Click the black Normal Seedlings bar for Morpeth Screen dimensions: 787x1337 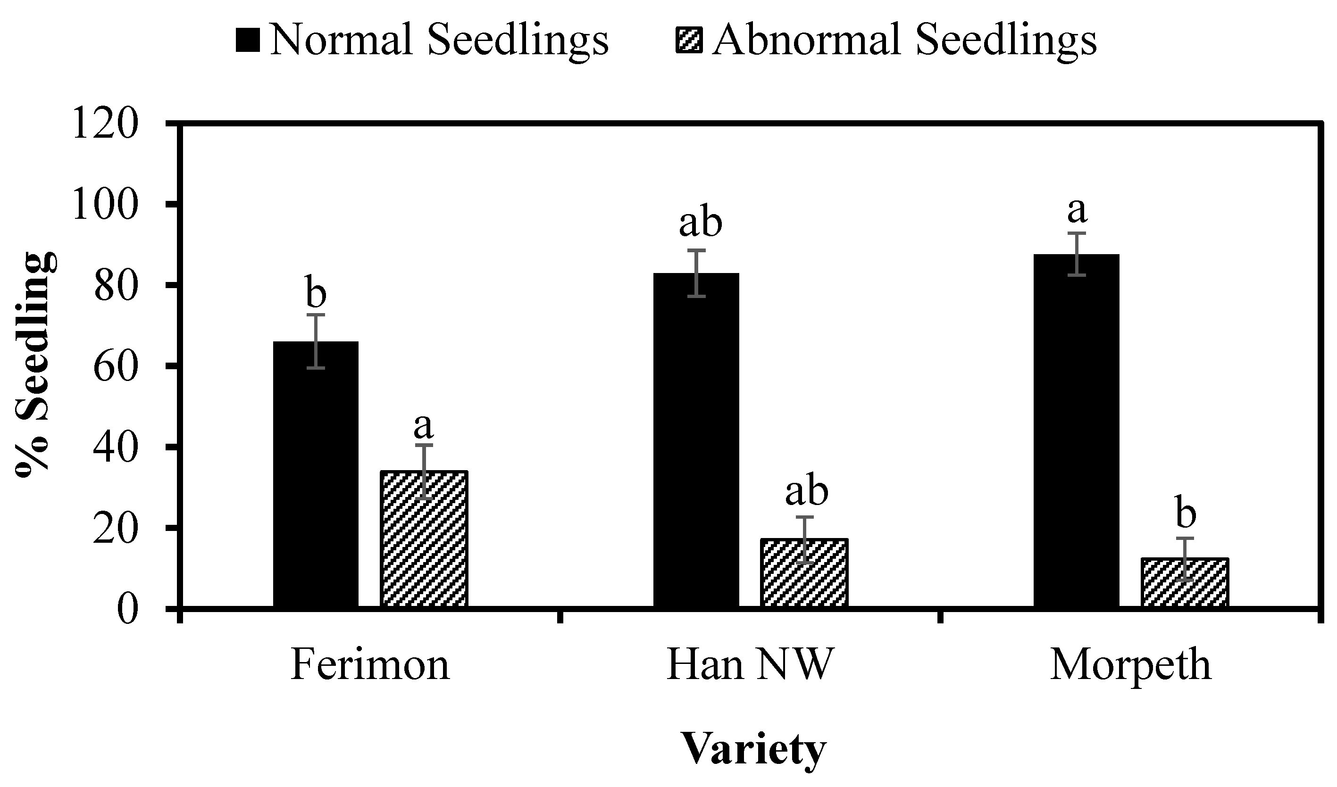coord(1077,430)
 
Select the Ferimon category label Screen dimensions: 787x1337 coord(370,665)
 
